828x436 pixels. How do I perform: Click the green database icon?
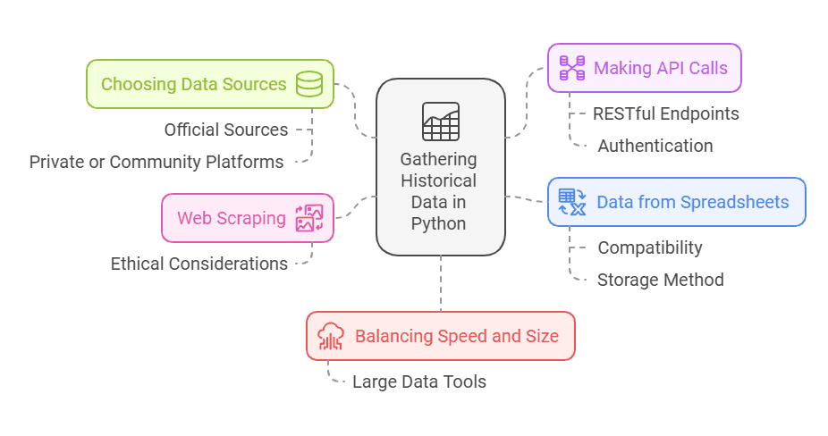click(x=309, y=84)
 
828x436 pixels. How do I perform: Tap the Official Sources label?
click(x=226, y=130)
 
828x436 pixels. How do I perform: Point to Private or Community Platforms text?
click(x=156, y=162)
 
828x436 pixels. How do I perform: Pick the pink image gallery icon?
click(x=309, y=218)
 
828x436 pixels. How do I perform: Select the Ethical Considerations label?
click(x=199, y=264)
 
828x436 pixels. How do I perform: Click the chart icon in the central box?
click(x=441, y=122)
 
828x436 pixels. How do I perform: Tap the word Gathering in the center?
click(x=439, y=159)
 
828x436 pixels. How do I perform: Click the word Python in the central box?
click(x=439, y=223)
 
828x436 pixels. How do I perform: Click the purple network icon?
click(x=571, y=68)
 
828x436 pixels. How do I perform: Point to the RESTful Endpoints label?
click(x=666, y=113)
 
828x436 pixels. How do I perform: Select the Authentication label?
click(x=655, y=146)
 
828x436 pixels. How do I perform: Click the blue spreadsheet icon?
click(x=571, y=202)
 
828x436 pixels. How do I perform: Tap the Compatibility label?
click(x=650, y=247)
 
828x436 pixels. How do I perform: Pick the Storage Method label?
click(x=661, y=280)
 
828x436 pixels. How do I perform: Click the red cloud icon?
click(x=331, y=336)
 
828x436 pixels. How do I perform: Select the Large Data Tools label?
click(x=419, y=381)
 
